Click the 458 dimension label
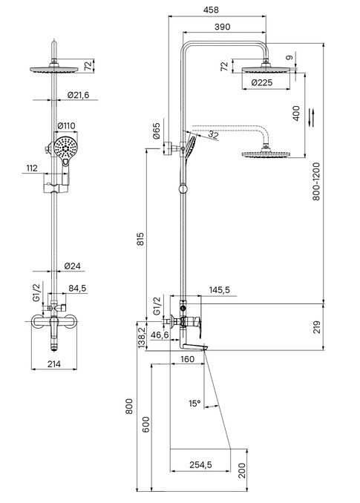pos(211,10)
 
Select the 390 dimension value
pos(223,27)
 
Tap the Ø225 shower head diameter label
pos(262,83)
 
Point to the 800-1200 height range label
pos(317,182)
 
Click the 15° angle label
pos(194,404)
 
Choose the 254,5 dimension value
pos(200,464)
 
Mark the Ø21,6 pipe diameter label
pos(78,95)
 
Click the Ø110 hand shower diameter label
pos(66,126)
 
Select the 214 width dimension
pos(54,364)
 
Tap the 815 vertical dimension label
pos(140,240)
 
